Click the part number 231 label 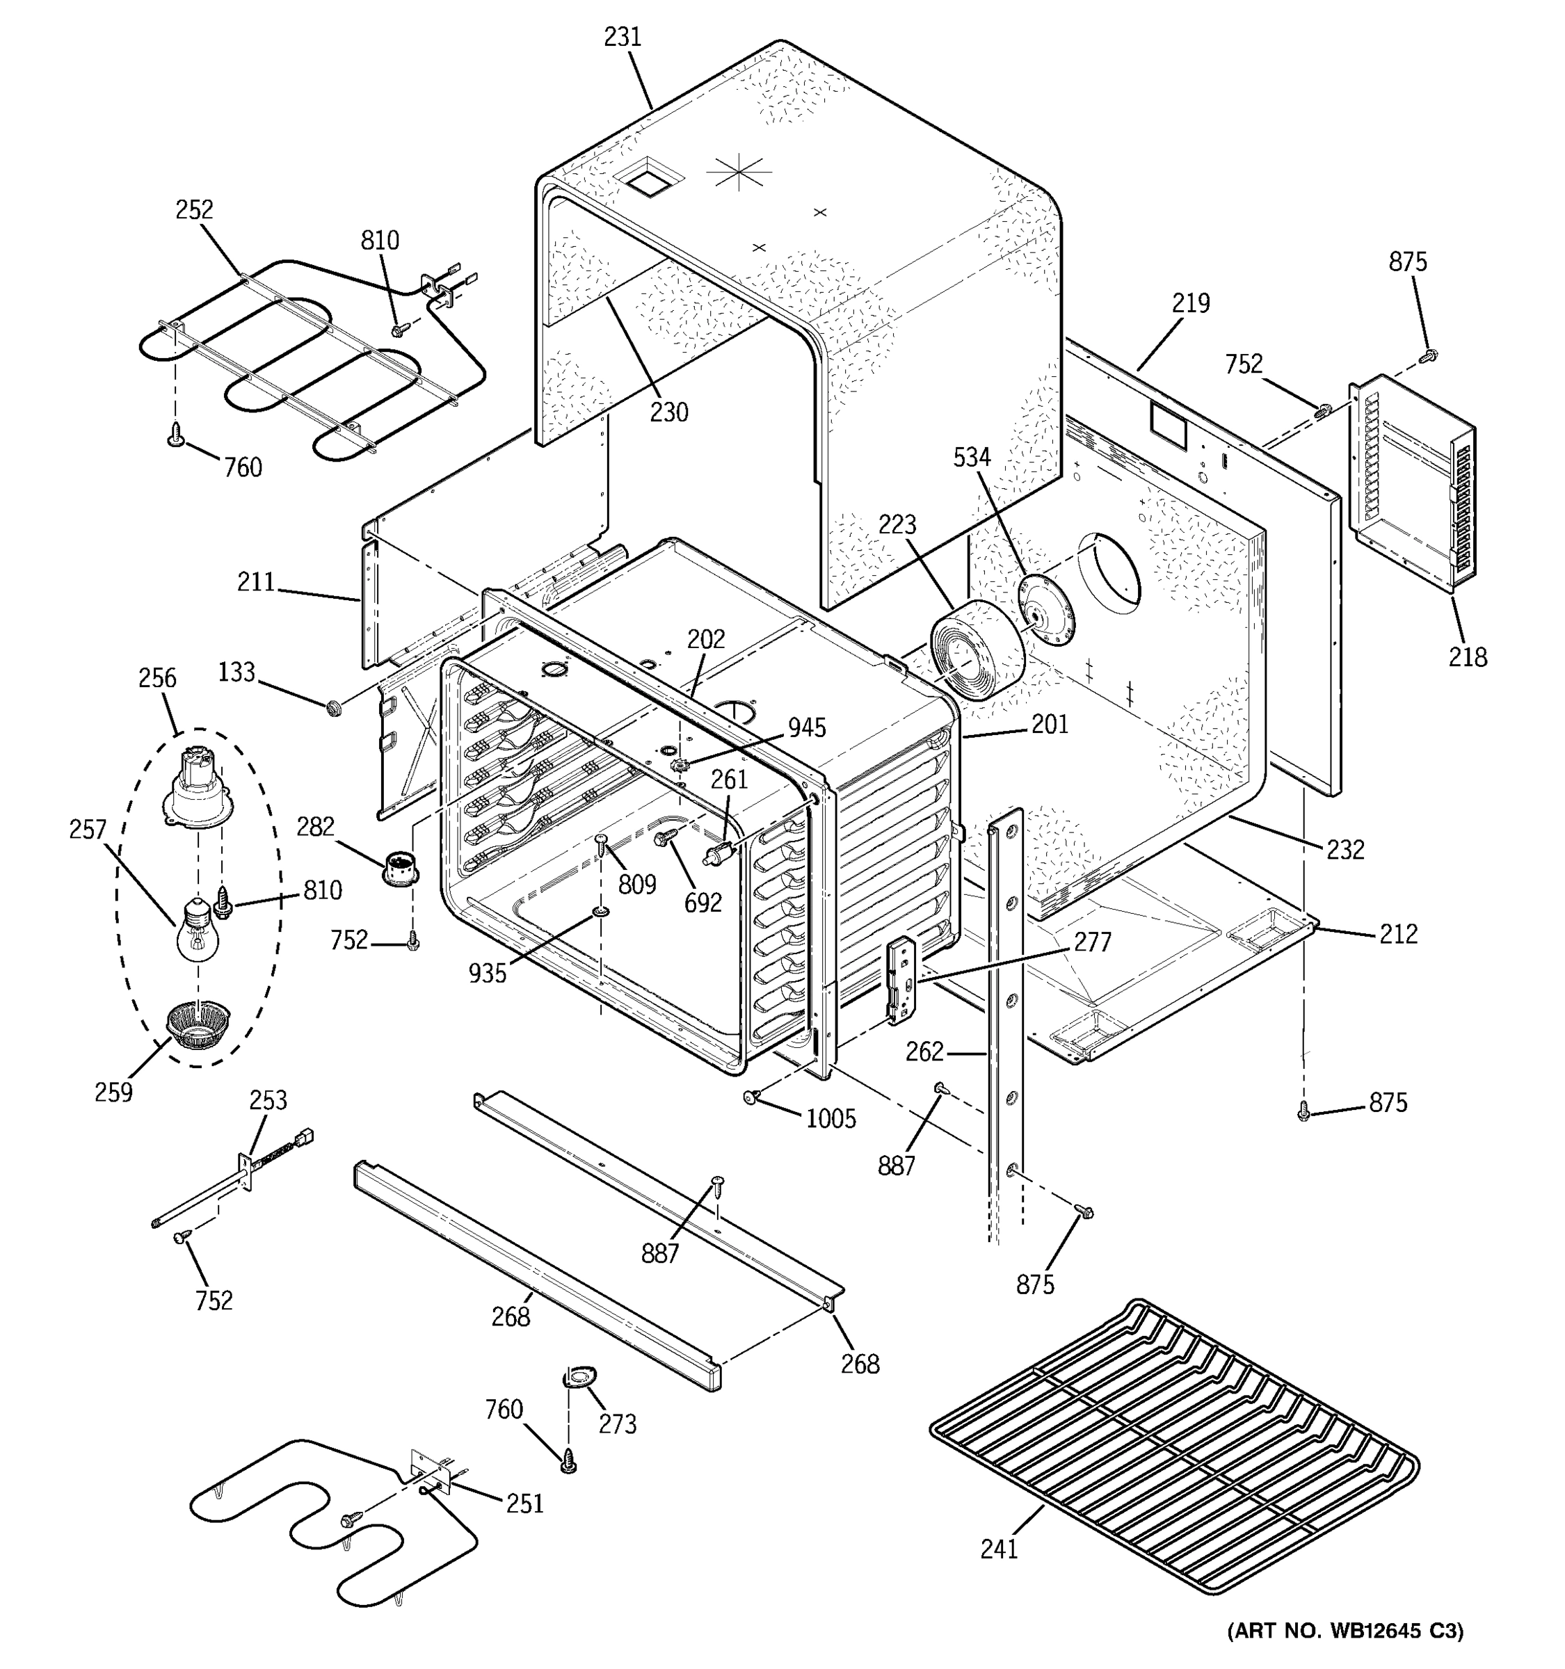(x=622, y=37)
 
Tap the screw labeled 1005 (x=751, y=1097)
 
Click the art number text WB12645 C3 (x=1345, y=1631)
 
